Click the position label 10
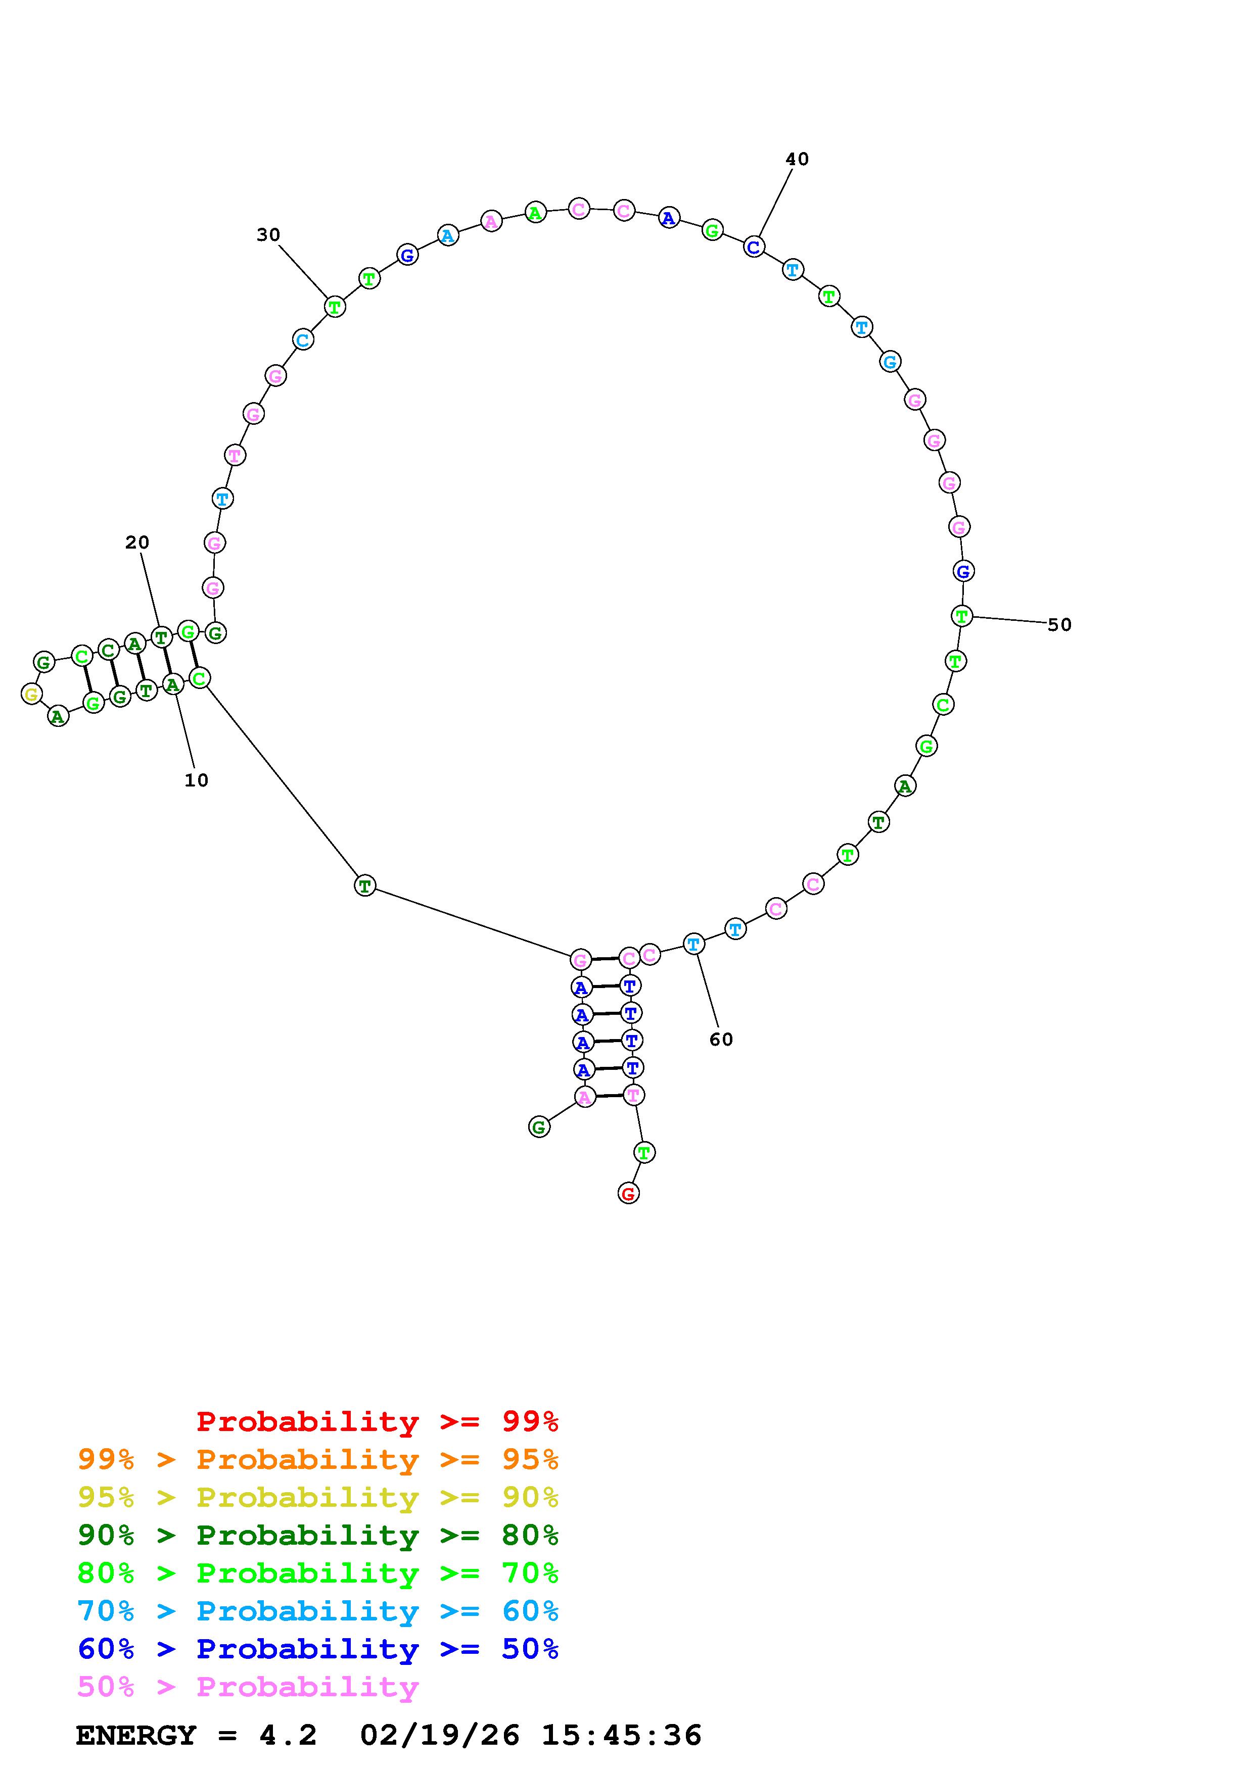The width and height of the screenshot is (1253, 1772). click(196, 780)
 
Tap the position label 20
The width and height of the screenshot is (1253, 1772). click(137, 543)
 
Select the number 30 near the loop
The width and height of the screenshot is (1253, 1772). click(269, 234)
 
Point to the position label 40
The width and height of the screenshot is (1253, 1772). click(798, 159)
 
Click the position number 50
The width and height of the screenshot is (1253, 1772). click(1060, 625)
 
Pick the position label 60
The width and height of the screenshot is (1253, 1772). click(721, 1040)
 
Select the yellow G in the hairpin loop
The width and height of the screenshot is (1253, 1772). click(31, 694)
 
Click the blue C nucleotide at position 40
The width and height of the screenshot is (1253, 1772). click(754, 247)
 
